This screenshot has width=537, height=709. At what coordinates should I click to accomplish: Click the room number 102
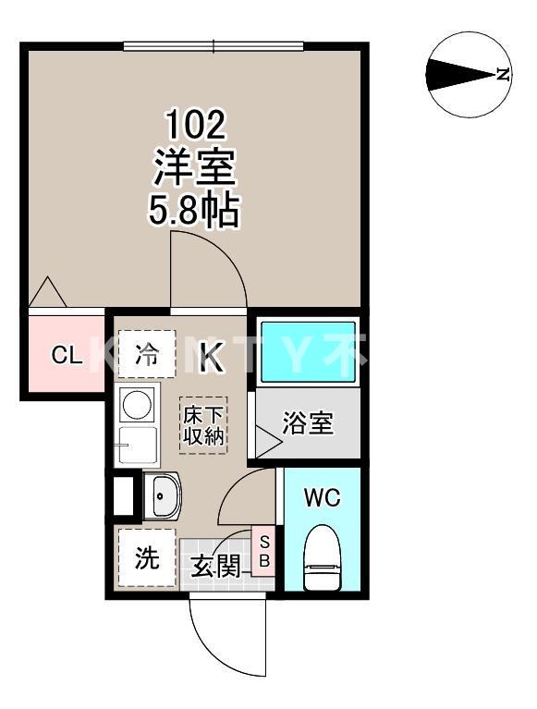coord(195,123)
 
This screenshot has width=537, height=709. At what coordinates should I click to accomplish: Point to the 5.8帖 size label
coord(195,212)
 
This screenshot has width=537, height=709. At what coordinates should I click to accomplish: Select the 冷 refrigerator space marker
coord(146,354)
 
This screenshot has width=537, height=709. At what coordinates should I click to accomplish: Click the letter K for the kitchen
coord(212,357)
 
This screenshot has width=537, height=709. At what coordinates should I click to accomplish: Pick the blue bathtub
coord(307,351)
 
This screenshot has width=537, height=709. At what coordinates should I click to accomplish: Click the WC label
coord(323,498)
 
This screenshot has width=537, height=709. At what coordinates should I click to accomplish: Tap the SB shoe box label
coord(263,551)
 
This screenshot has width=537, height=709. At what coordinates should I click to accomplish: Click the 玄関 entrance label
coord(214,565)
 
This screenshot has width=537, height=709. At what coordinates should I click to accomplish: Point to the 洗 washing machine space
coord(146,557)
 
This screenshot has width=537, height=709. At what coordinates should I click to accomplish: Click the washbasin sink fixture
coord(163,498)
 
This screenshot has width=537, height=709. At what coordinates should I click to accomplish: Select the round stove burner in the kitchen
coord(139,406)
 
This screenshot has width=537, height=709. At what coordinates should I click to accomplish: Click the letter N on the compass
coord(502,75)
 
